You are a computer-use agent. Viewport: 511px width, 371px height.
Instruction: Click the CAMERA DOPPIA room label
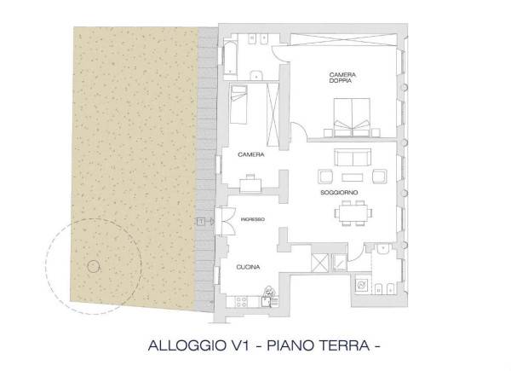coord(342,78)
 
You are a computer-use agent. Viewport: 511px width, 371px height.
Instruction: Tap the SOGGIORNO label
coord(339,193)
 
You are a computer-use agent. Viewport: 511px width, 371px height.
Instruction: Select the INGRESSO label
coord(253,219)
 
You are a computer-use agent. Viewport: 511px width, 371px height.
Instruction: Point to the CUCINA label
coord(248,267)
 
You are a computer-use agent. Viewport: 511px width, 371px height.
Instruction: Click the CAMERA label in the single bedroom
coord(251,154)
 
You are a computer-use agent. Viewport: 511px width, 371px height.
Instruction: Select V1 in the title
coord(242,345)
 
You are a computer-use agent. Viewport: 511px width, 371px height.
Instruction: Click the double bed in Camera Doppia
coord(352,117)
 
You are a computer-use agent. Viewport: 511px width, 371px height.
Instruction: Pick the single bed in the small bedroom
coord(238,104)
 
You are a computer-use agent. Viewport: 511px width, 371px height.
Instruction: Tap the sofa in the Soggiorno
coord(353,157)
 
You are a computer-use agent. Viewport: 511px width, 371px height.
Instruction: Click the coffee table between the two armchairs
coord(353,177)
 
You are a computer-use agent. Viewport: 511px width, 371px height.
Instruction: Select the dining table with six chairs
coord(353,213)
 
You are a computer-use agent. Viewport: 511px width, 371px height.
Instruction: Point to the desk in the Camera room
coord(250,185)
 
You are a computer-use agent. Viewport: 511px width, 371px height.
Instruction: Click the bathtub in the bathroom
coord(229,59)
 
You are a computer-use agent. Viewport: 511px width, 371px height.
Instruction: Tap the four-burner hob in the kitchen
coord(242,302)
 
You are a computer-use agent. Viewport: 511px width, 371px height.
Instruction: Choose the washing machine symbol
coord(362,286)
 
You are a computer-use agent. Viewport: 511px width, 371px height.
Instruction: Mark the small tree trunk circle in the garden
coord(93,267)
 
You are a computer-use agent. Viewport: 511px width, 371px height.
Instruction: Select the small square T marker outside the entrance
coord(201,222)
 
